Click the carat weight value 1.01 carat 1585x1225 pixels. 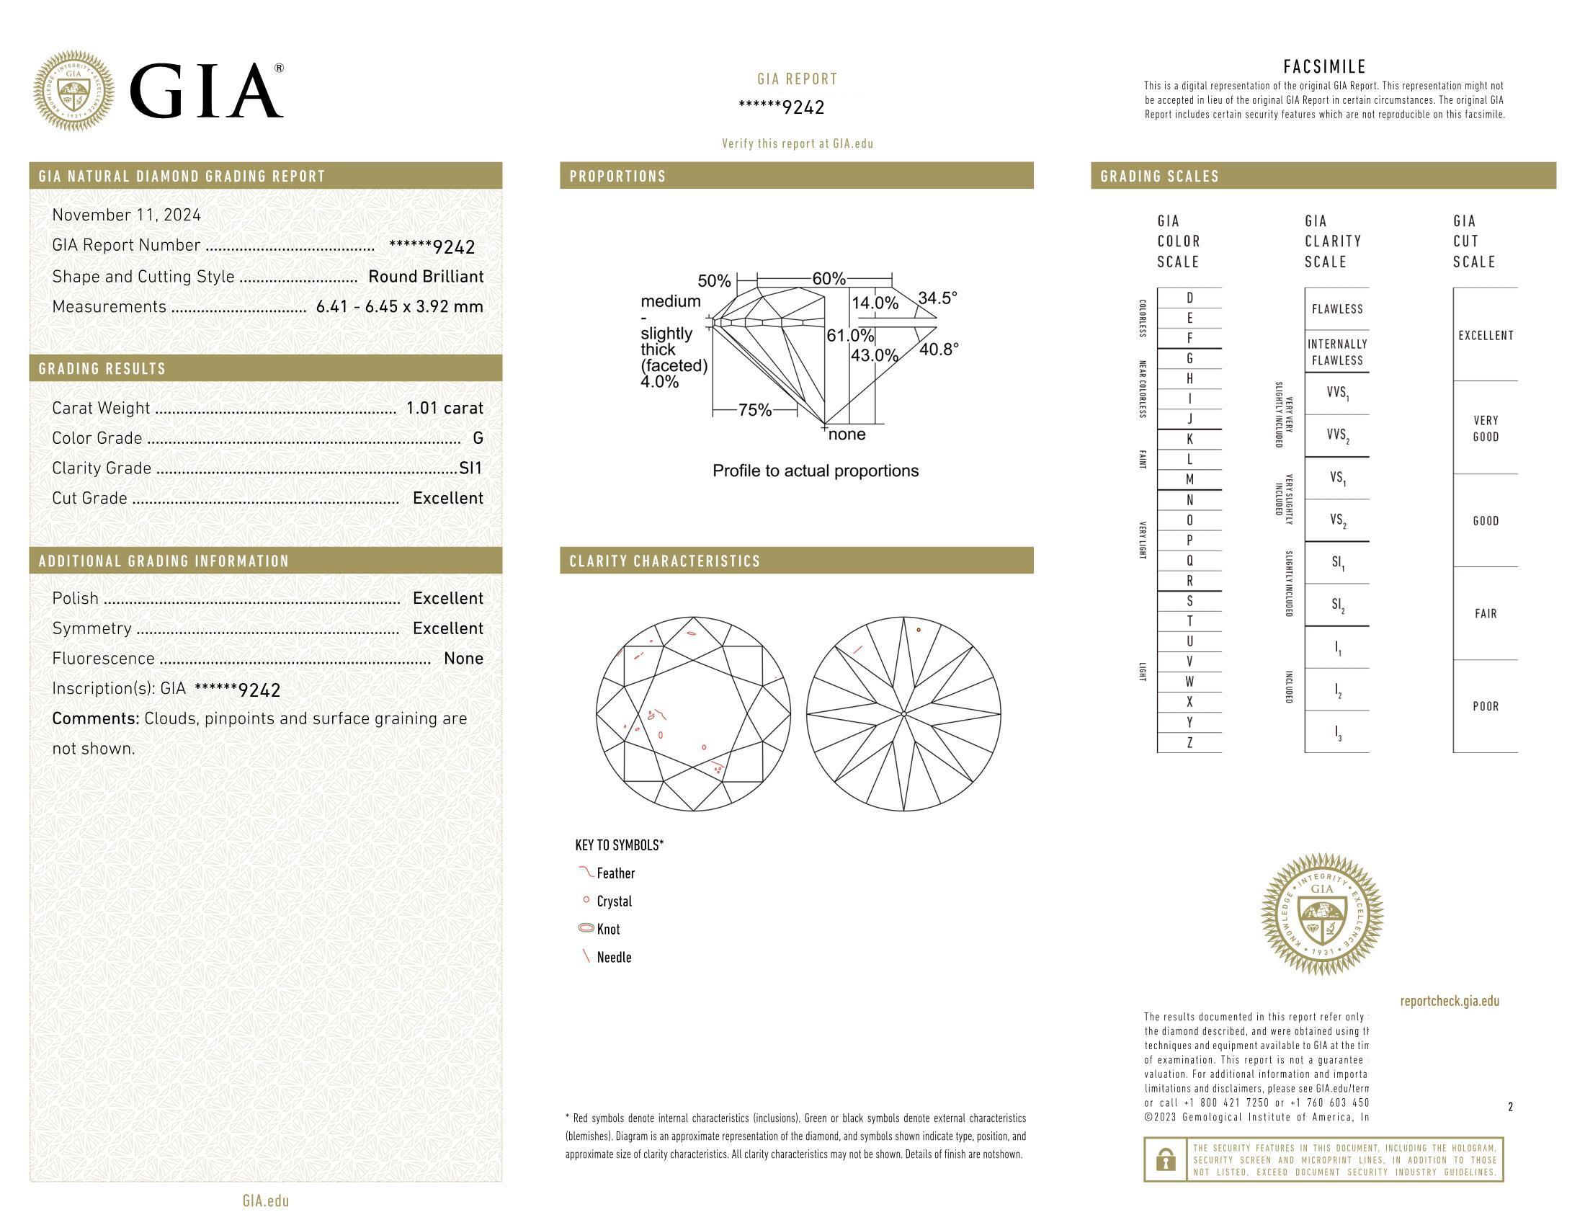click(444, 408)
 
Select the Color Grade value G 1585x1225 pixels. click(478, 438)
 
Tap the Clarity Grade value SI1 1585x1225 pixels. click(471, 468)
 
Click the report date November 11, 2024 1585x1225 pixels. click(126, 215)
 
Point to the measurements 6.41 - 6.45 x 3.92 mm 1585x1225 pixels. click(399, 306)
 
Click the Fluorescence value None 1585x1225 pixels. click(463, 658)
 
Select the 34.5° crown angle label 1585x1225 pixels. click(937, 298)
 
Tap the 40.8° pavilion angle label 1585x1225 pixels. click(939, 349)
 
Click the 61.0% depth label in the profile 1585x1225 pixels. click(850, 336)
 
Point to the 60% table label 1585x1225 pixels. click(829, 279)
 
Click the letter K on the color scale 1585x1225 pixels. click(1189, 439)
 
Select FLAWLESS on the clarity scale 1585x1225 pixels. click(1336, 309)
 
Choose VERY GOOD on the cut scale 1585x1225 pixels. click(1486, 428)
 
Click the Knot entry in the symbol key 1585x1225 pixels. click(608, 930)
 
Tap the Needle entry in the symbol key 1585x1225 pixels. click(614, 957)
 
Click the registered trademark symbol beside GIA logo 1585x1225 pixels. click(279, 68)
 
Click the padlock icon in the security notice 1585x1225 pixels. click(1166, 1159)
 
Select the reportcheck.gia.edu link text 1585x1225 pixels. click(1450, 1002)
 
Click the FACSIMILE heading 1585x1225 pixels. click(1324, 67)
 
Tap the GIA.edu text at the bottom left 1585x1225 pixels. click(266, 1201)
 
